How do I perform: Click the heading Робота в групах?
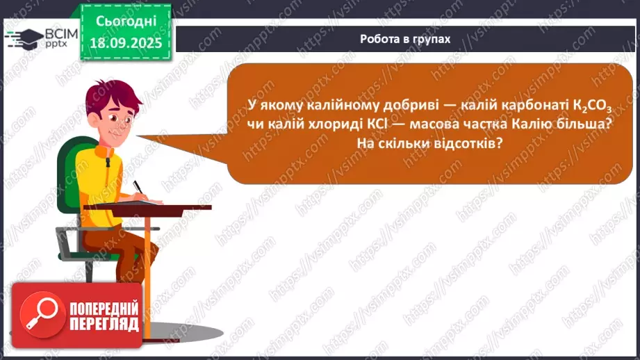click(404, 39)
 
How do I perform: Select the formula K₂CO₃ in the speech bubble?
click(591, 106)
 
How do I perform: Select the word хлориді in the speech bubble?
click(344, 123)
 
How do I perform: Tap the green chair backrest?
click(72, 174)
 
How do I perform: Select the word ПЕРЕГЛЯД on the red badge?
click(104, 325)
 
